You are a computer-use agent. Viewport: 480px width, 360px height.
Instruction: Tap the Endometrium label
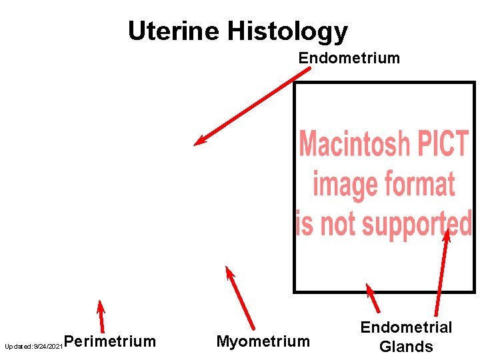tap(349, 58)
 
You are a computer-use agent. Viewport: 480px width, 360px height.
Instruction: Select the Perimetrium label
tap(111, 342)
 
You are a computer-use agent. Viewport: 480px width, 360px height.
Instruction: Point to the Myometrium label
tap(263, 342)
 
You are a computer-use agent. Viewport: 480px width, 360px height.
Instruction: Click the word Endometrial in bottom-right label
tap(406, 327)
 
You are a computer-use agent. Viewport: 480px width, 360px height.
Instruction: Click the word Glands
tap(406, 347)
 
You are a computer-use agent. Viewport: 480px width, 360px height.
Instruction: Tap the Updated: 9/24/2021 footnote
tap(33, 347)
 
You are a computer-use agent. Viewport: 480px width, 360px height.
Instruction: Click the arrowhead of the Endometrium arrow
tap(197, 141)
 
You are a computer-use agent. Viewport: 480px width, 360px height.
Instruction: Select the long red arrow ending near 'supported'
tap(441, 273)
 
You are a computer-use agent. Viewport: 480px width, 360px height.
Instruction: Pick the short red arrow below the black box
tap(373, 299)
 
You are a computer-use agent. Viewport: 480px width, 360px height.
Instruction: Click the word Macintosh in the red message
tap(354, 143)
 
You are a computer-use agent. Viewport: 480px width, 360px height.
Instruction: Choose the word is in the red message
tap(304, 223)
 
